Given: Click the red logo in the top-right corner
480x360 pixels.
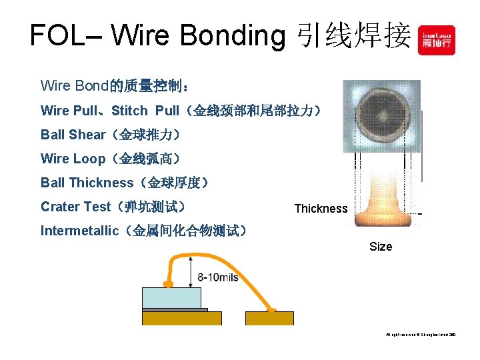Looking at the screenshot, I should click(436, 40).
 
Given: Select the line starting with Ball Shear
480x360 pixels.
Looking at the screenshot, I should click(110, 135).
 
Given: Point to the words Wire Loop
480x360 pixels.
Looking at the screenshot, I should click(73, 159).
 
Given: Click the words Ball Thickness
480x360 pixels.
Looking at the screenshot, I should click(87, 183).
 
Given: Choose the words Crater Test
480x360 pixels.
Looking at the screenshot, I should click(75, 207).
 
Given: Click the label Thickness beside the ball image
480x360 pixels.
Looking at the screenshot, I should click(321, 209).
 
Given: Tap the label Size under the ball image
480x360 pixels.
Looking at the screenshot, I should click(381, 247).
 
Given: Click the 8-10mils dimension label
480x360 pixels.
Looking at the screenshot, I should click(218, 277).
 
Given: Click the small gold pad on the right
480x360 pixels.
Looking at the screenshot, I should click(269, 318).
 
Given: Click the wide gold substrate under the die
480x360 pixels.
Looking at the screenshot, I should click(181, 318).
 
